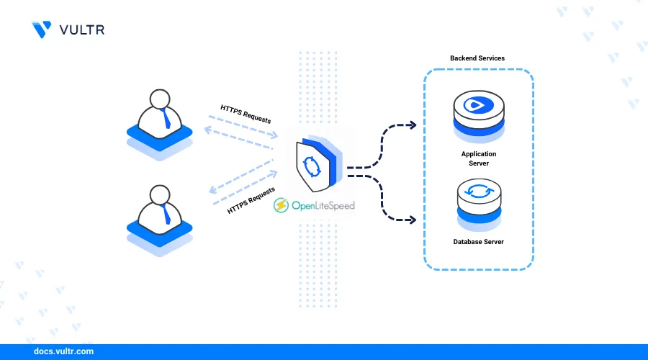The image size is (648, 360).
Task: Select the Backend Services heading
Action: pos(477,58)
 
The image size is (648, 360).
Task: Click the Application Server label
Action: pos(479,158)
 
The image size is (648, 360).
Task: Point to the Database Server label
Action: pos(479,242)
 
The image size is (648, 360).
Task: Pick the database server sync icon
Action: pos(479,192)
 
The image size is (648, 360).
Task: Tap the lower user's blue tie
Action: pos(166,212)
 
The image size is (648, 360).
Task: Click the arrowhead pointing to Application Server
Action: pos(412,125)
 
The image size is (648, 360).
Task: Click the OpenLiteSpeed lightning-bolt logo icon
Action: pos(282,205)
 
